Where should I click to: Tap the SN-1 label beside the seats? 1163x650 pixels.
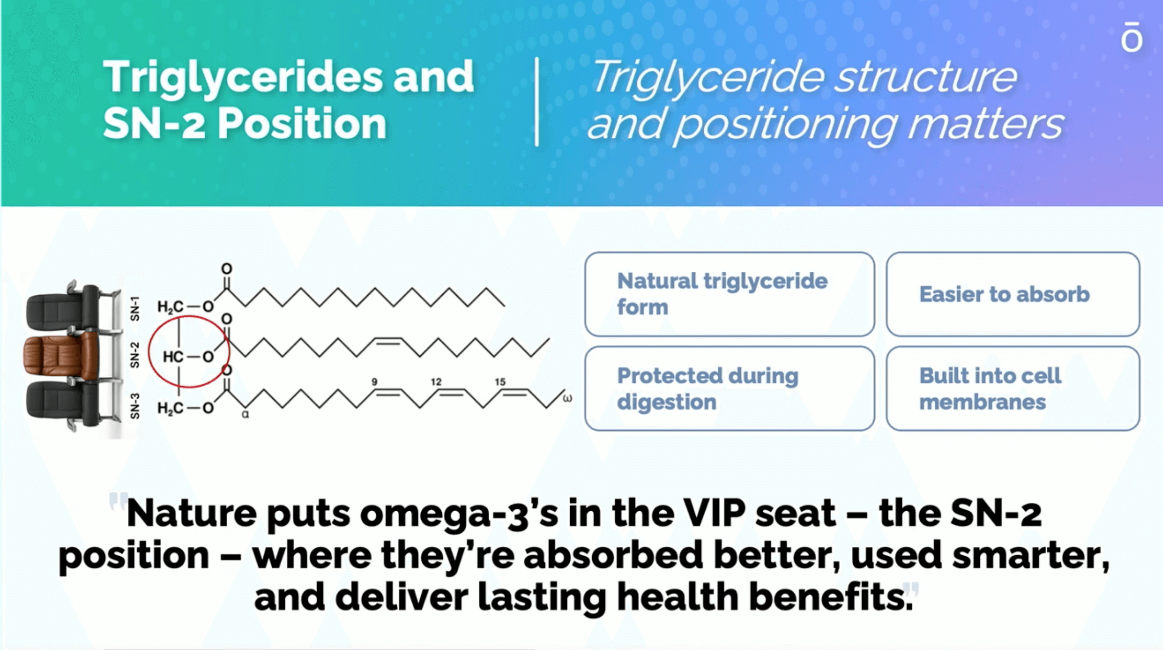135,308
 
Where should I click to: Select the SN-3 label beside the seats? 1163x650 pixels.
135,406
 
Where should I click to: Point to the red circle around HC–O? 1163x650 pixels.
149,352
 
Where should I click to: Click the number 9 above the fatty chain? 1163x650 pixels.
374,382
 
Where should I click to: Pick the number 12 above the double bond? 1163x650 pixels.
436,382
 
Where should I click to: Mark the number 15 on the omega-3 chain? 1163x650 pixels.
499,382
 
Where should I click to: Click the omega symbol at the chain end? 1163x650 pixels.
567,398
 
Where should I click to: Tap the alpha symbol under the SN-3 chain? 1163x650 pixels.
245,414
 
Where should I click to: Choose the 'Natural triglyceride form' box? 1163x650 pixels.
730,294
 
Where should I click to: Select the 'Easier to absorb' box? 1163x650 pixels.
1013,294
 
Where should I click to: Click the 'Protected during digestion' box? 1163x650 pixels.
730,389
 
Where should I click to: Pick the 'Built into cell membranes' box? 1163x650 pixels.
1013,389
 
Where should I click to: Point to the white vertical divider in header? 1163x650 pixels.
537,102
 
